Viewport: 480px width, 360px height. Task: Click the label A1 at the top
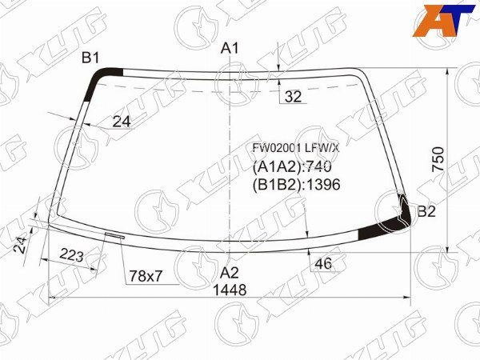[x=230, y=49]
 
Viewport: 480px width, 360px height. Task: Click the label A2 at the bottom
[x=230, y=271]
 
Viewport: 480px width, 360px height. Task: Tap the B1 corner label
[x=90, y=57]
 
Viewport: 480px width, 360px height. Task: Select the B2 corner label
[x=426, y=212]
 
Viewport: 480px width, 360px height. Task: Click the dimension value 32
[x=293, y=97]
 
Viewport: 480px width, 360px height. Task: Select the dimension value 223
[x=73, y=256]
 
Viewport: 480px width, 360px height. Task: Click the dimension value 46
[x=323, y=264]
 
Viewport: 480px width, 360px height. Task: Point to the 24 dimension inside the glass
[x=121, y=122]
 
